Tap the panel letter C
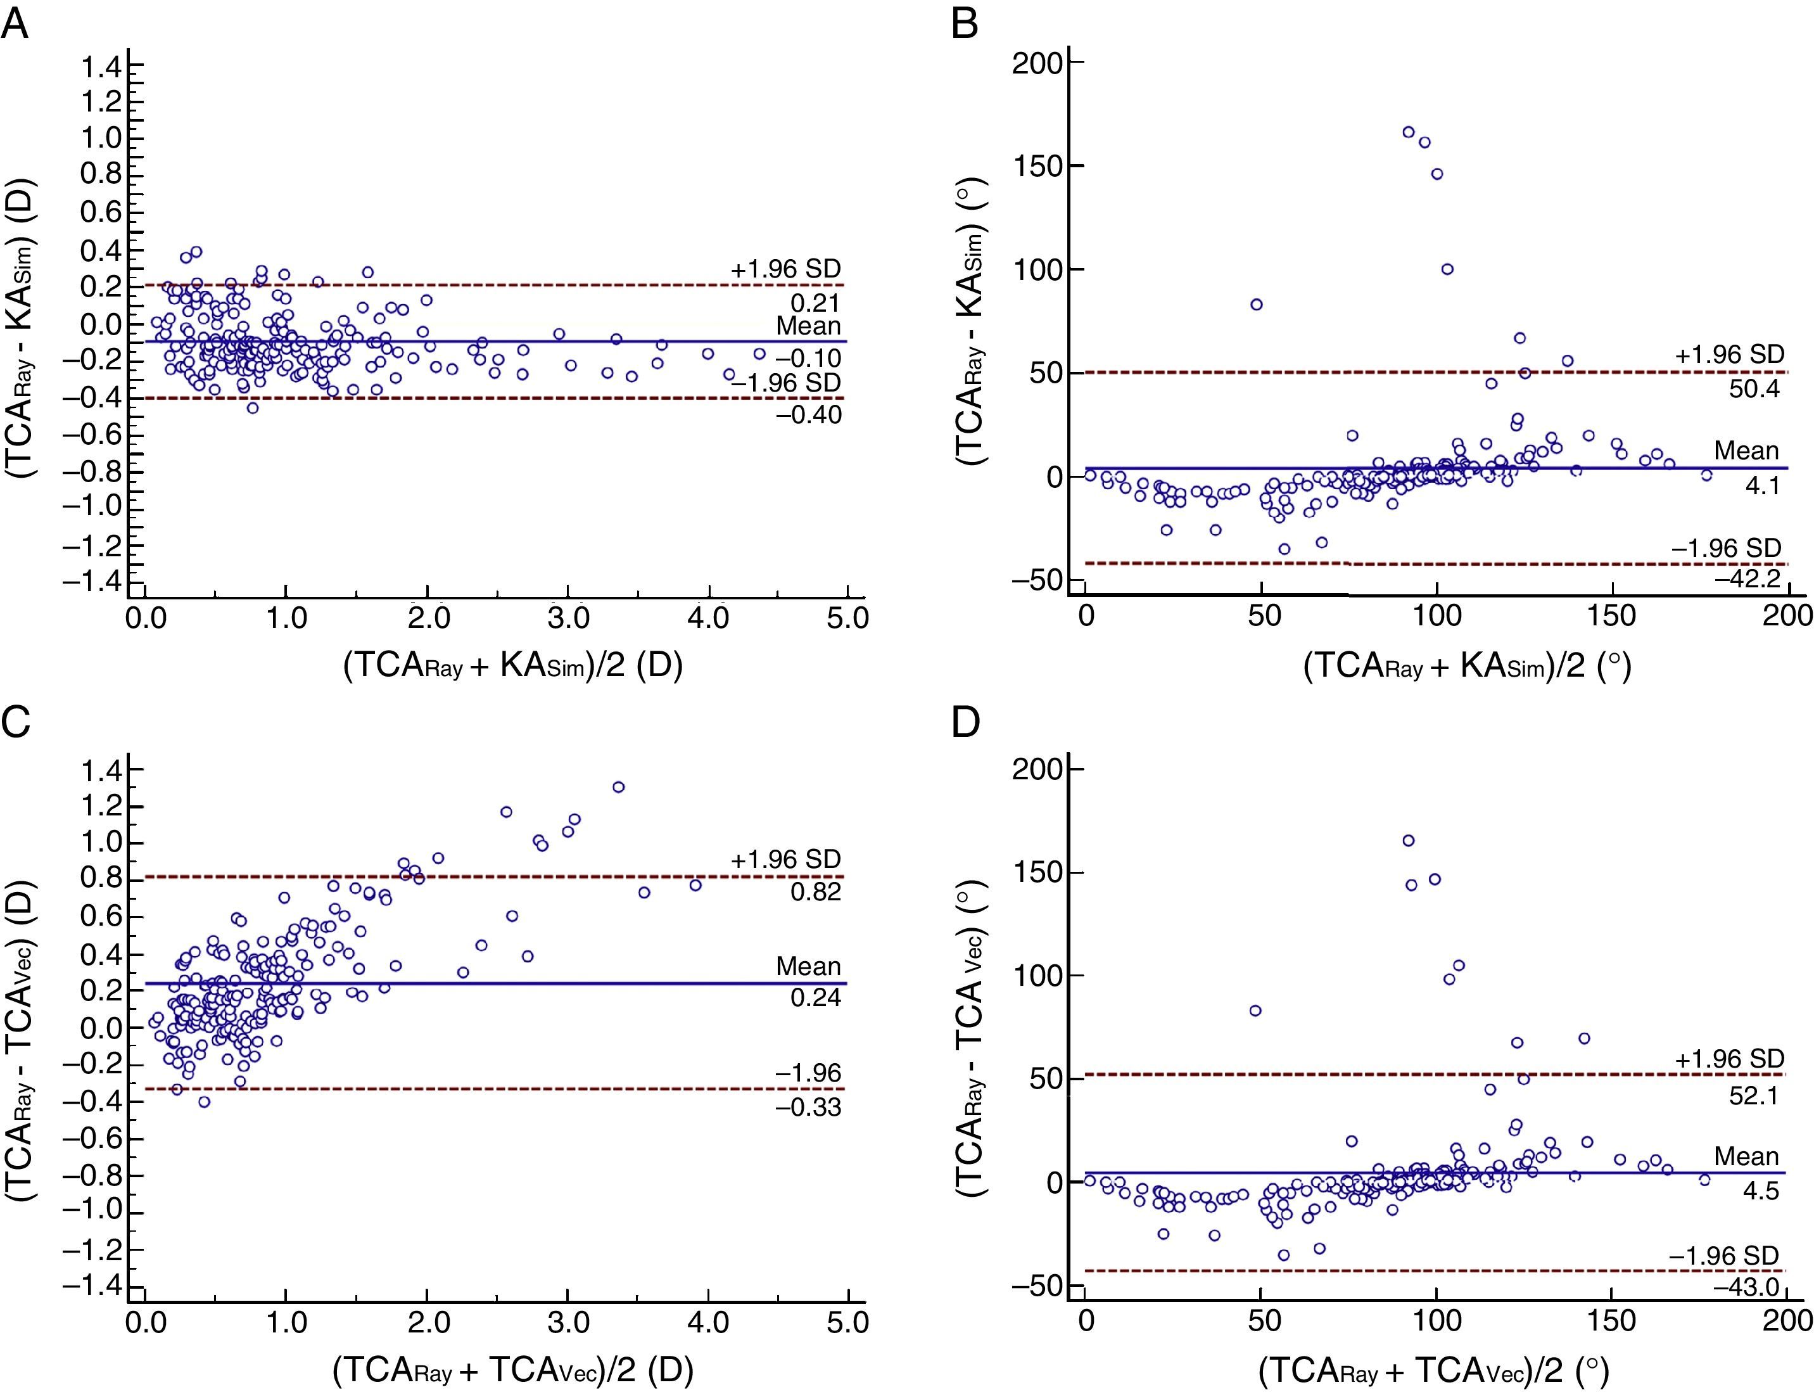16,722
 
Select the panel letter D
966,722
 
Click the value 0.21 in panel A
815,303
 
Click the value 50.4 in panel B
1754,388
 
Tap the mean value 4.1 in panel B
1762,485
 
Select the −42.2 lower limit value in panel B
1747,578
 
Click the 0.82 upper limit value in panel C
815,891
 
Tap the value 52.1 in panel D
1754,1096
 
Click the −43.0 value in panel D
1747,1287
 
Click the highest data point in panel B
1408,132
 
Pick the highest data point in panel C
618,787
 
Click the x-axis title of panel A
513,665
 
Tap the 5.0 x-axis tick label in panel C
847,1321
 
